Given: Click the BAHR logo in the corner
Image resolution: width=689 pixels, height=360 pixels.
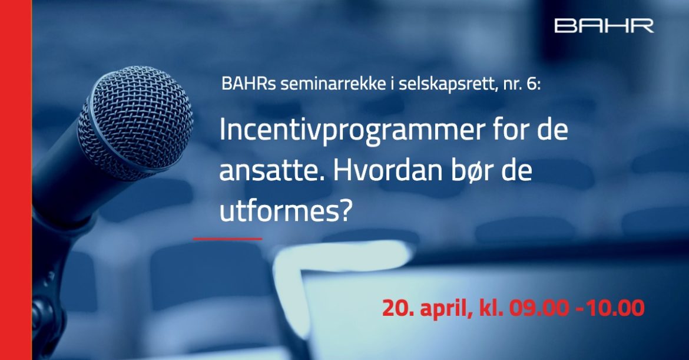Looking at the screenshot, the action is coord(604,25).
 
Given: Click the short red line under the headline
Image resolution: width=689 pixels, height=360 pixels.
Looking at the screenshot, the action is coord(228,239).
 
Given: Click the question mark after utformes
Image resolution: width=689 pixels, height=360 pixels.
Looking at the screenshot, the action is coord(346,210).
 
